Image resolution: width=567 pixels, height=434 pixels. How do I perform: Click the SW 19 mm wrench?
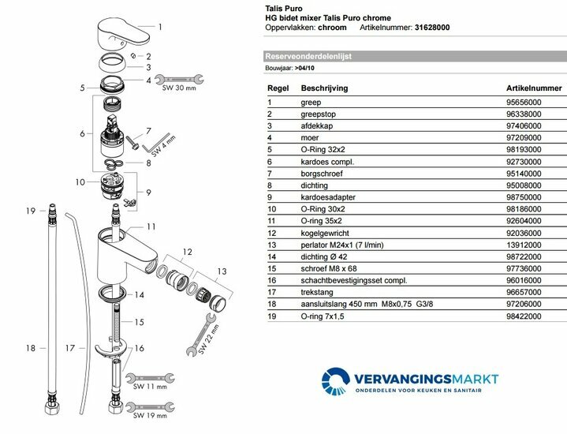(147, 407)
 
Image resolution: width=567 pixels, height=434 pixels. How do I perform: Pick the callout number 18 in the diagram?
(31, 347)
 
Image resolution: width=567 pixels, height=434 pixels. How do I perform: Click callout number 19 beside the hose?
(31, 211)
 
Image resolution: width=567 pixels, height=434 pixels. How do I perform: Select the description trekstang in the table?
(316, 293)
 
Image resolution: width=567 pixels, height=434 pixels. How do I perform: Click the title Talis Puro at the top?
(281, 6)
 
